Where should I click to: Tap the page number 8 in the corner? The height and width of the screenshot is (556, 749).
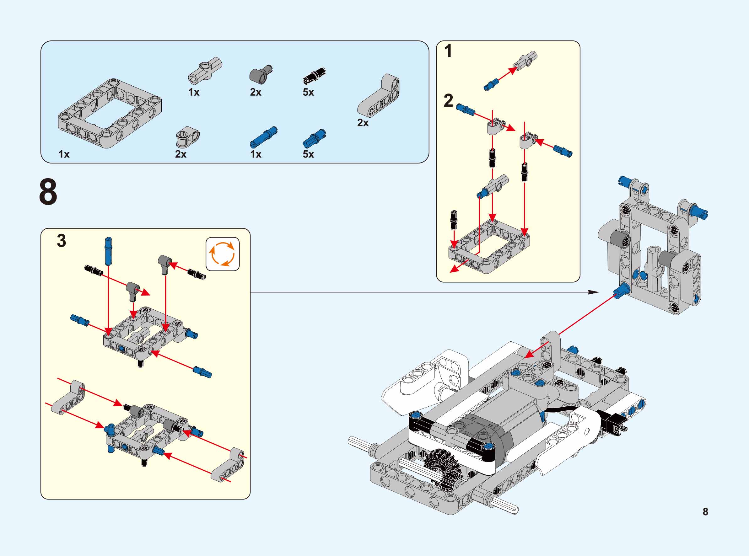coord(705,512)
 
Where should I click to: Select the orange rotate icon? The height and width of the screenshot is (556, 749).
coord(222,254)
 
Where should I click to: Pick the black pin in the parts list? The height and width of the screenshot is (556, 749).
coord(314,76)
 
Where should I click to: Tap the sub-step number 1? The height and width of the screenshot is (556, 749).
coord(448,51)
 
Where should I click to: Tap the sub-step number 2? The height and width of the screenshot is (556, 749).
coord(448,101)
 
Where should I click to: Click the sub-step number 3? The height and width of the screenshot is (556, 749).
coord(61,241)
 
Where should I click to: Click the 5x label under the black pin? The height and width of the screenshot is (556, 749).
coord(308,92)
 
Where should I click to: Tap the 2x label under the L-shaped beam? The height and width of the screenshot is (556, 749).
coord(363,123)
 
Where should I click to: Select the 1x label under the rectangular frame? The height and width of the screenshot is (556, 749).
coord(64,154)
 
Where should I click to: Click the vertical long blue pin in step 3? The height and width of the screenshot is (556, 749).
coord(108,251)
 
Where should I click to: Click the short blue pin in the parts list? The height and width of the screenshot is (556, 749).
coord(315,138)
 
